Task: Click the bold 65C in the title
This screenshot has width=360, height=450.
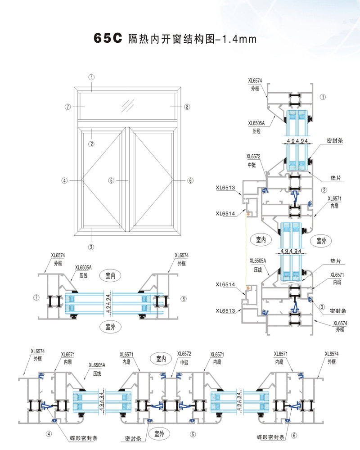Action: click(108, 39)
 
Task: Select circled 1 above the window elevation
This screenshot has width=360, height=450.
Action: click(91, 77)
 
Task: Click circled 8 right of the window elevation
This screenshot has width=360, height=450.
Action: click(187, 107)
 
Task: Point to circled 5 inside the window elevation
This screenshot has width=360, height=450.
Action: click(111, 180)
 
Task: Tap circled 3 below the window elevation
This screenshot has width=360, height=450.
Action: click(91, 247)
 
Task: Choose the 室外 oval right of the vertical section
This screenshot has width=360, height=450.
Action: click(321, 241)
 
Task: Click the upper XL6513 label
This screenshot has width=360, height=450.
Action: click(225, 188)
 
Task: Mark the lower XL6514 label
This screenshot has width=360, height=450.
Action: click(225, 284)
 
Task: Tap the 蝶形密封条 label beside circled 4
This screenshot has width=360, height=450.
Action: click(84, 437)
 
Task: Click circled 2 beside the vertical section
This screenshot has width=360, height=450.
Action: click(324, 190)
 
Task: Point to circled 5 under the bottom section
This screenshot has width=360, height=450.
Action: click(193, 435)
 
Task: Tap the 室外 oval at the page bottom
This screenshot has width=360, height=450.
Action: click(159, 433)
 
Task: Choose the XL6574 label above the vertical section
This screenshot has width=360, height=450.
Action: click(255, 81)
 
